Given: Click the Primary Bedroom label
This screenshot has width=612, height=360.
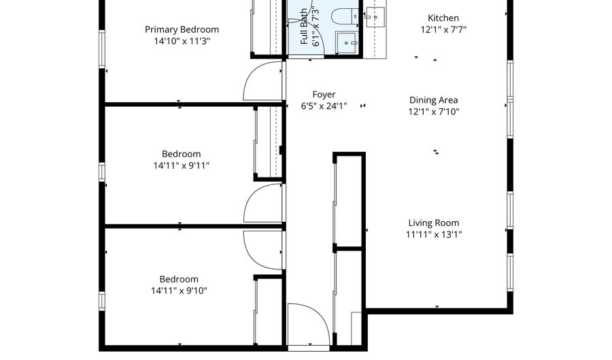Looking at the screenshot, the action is [x=182, y=30].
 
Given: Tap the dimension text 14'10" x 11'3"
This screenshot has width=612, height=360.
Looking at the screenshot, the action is [x=182, y=42].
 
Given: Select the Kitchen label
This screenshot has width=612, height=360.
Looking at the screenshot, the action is [x=443, y=18].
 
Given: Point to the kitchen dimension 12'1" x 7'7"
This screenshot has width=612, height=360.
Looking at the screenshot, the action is [x=443, y=30].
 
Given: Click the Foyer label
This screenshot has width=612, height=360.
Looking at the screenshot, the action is [x=324, y=95].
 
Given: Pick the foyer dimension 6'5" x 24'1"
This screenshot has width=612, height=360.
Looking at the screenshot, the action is [x=324, y=106].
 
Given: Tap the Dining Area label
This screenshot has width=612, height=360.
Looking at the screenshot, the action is [x=434, y=100].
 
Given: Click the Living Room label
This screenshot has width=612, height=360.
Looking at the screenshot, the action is [x=434, y=223].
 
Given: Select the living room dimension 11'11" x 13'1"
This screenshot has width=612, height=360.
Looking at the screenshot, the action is [x=434, y=235].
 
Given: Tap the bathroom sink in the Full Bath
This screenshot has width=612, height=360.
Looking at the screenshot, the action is [x=347, y=42].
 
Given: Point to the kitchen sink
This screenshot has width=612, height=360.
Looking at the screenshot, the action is [x=375, y=18].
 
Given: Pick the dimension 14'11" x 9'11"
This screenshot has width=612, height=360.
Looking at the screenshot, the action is [x=181, y=166].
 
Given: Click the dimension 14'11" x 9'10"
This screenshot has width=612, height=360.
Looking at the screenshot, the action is [x=179, y=291].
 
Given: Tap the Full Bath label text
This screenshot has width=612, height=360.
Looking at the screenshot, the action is [x=304, y=27].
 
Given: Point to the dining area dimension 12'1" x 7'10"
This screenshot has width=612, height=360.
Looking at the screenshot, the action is [x=434, y=112].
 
